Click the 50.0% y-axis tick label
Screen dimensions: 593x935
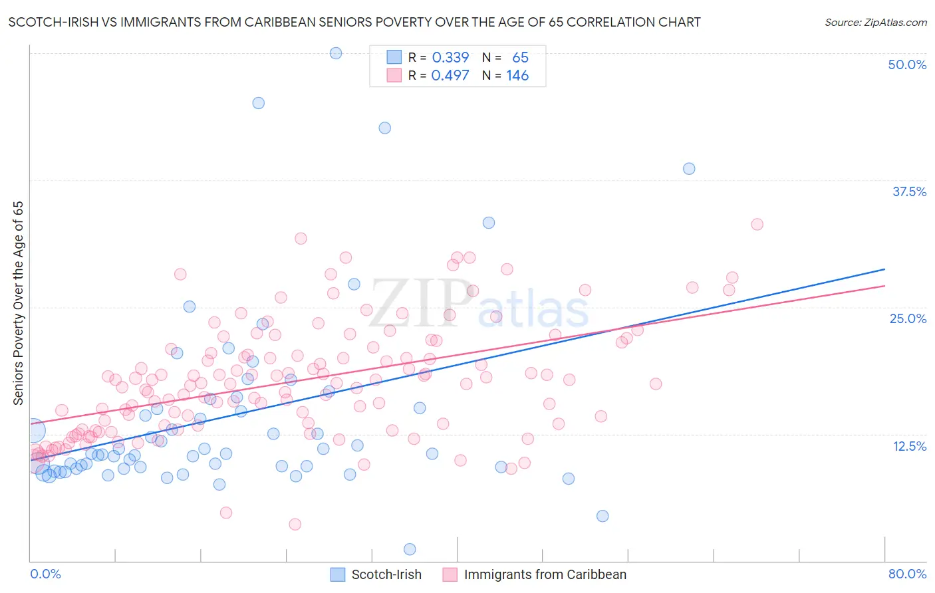point(907,64)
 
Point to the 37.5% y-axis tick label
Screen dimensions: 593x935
point(909,191)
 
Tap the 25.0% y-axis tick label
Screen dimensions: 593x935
point(908,318)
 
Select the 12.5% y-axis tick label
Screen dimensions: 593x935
point(909,446)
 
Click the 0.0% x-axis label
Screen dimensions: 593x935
point(45,574)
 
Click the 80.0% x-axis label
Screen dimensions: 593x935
point(907,574)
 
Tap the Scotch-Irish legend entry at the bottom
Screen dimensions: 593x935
point(386,574)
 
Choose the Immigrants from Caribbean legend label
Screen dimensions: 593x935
point(545,574)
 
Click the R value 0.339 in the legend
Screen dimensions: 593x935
point(450,58)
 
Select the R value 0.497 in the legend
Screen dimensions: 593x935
point(450,76)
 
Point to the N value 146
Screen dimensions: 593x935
point(517,76)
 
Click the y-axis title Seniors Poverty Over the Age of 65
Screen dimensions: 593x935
point(19,303)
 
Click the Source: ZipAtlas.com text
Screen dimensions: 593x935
point(875,22)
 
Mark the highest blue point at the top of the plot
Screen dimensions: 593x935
point(336,53)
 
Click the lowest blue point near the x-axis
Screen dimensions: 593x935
point(410,549)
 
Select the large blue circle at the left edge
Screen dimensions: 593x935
point(33,431)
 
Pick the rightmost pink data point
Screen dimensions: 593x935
point(757,225)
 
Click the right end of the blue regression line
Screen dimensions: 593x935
point(884,269)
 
